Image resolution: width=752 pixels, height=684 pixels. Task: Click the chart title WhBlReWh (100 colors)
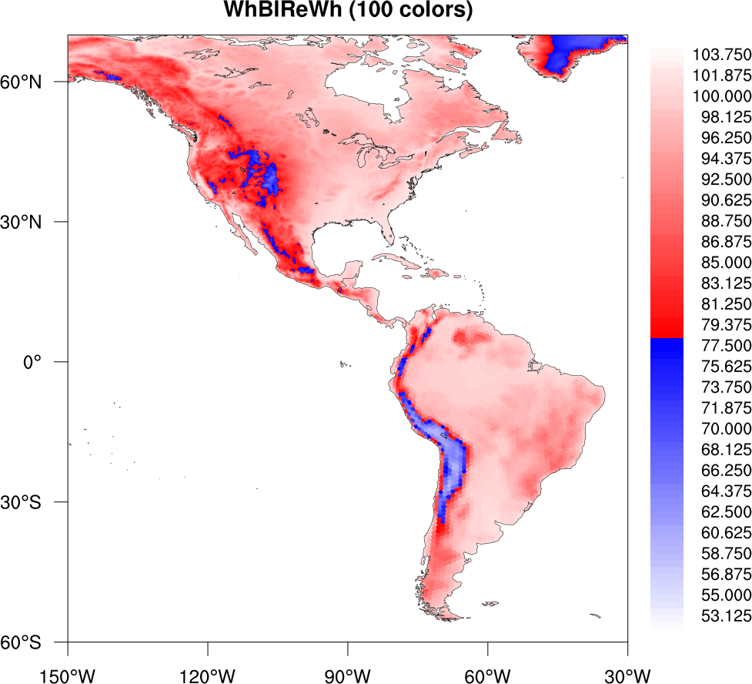347,12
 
